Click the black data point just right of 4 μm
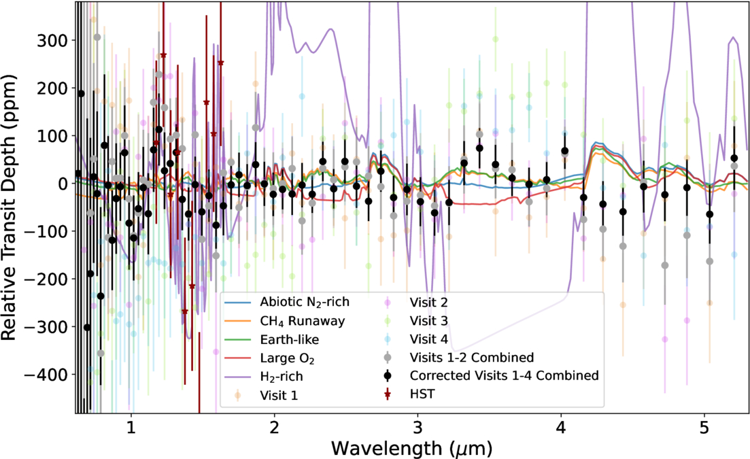pyautogui.click(x=564, y=151)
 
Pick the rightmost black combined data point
pyautogui.click(x=734, y=158)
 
